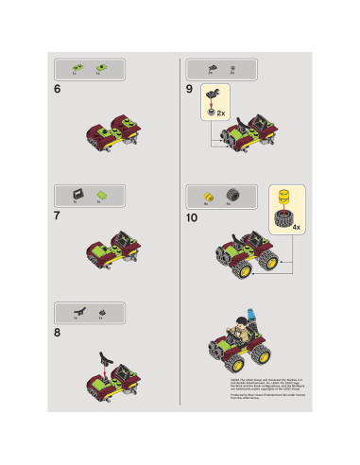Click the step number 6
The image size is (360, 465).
point(59,89)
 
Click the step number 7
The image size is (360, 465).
point(59,216)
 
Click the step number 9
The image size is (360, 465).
point(189,89)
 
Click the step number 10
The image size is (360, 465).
point(193,216)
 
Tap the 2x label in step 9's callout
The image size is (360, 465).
point(220,112)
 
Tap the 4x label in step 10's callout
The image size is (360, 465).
point(297,228)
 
